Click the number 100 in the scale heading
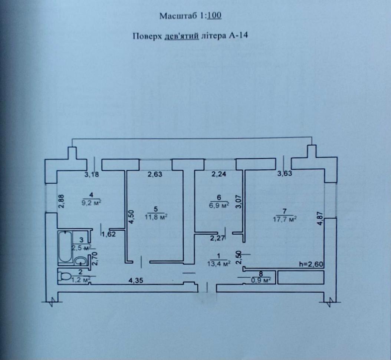click(215, 16)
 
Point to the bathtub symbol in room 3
click(65, 246)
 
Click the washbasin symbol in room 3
click(80, 261)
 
